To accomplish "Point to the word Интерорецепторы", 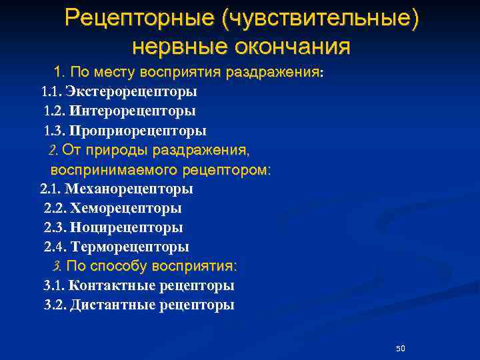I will coord(132,110).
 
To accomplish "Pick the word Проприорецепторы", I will coord(137,130).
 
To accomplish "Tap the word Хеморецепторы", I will coord(126,208).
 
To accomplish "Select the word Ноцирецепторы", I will coord(127,227).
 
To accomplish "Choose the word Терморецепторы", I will coord(129,247).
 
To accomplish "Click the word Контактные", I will coord(112,286).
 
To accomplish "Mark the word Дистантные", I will coord(112,305).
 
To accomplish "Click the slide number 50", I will coord(401,349).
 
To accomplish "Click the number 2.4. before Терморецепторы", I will coord(55,247).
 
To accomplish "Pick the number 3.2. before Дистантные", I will coord(55,305).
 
